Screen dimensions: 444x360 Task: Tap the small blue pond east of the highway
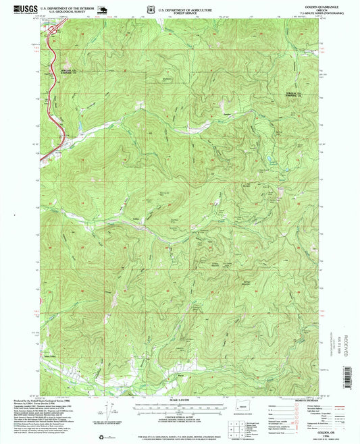[79, 126]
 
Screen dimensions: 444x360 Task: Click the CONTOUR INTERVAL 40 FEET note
[180, 419]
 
